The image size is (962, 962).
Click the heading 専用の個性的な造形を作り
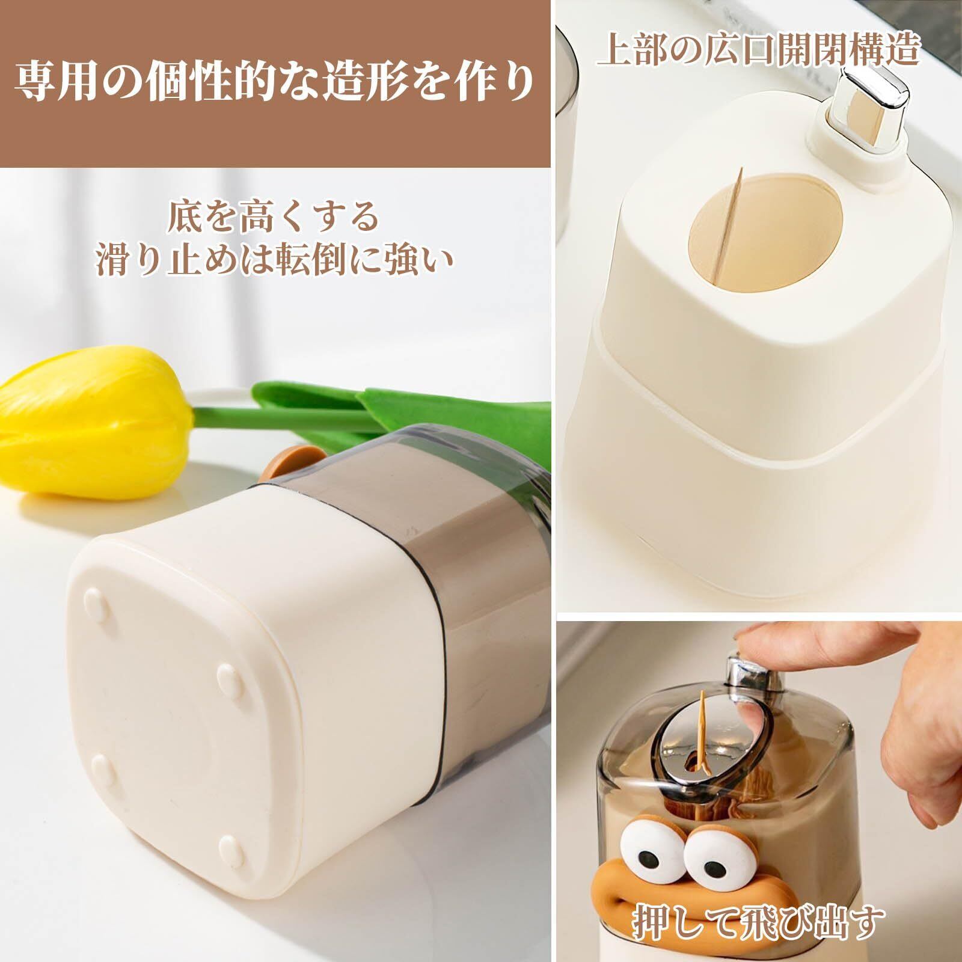coord(274,84)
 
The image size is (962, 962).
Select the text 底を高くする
coord(274,218)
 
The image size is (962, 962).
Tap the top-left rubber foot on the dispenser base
coord(93,599)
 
